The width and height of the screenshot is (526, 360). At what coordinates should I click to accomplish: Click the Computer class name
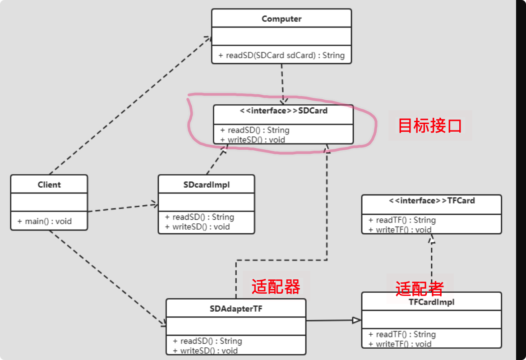tap(281, 19)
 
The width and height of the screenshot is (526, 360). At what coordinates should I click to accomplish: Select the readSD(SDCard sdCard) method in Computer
tap(281, 55)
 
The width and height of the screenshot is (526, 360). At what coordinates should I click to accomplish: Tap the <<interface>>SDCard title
tap(283, 111)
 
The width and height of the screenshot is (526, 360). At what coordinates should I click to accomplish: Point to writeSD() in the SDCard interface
tap(253, 139)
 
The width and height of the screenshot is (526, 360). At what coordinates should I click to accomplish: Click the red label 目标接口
tap(429, 125)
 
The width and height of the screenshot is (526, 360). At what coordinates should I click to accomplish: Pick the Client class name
tap(49, 185)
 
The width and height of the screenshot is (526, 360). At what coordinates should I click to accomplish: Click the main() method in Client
tap(45, 222)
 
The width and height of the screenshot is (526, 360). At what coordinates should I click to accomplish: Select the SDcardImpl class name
tap(207, 185)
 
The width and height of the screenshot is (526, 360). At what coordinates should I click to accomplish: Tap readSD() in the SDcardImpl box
tap(200, 217)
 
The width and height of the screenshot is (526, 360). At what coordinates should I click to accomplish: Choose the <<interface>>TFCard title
tap(432, 201)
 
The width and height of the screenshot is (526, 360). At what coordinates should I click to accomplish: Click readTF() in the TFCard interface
tap(402, 220)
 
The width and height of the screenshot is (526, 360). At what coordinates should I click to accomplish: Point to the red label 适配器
tap(276, 286)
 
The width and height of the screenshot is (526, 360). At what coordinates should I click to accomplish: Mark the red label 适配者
tap(420, 288)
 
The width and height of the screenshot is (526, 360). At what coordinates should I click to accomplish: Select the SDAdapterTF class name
tap(236, 309)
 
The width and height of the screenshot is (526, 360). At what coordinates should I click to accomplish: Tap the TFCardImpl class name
tap(432, 302)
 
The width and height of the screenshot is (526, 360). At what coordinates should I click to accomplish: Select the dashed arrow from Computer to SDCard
tap(282, 83)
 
